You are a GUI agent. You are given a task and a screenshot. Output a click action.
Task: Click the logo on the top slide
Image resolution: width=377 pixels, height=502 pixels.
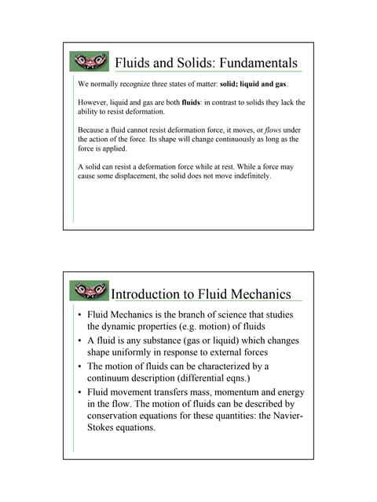click(x=90, y=62)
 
